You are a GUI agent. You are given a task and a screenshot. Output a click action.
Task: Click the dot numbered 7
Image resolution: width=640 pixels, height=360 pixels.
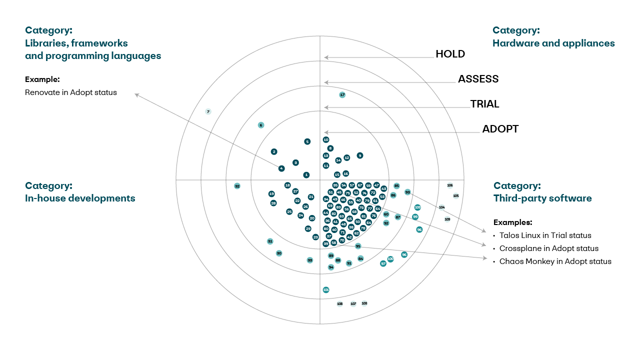pyautogui.click(x=208, y=111)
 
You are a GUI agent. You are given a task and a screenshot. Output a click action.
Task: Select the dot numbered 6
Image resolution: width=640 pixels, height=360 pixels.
pyautogui.click(x=260, y=125)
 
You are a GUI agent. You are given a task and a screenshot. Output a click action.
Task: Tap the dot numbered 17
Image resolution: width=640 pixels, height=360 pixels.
pyautogui.click(x=342, y=94)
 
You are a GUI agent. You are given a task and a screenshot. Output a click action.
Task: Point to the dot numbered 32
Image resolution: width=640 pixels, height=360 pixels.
pyautogui.click(x=237, y=186)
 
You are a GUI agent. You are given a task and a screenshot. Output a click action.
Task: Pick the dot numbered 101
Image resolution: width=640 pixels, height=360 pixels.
pyautogui.click(x=326, y=289)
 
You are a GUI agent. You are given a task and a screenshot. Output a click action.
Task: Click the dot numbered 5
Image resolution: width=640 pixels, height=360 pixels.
pyautogui.click(x=307, y=141)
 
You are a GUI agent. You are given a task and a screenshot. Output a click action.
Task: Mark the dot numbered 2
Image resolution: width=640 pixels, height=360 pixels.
pyautogui.click(x=274, y=151)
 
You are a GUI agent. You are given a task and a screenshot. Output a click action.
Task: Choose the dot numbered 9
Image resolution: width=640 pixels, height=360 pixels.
pyautogui.click(x=360, y=155)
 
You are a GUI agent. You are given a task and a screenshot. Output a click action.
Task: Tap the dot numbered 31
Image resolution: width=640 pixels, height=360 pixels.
pyautogui.click(x=270, y=241)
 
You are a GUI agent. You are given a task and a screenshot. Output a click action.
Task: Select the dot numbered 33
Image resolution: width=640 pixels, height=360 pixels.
pyautogui.click(x=310, y=260)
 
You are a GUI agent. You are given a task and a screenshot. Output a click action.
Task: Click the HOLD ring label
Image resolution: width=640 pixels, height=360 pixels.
pyautogui.click(x=450, y=54)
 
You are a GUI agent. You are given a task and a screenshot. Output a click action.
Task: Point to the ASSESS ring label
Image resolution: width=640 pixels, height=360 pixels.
pyautogui.click(x=478, y=79)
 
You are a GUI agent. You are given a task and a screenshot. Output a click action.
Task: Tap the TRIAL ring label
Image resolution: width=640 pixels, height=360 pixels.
pyautogui.click(x=484, y=104)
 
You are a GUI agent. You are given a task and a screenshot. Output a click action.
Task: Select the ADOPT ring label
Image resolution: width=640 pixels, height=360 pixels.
pyautogui.click(x=500, y=129)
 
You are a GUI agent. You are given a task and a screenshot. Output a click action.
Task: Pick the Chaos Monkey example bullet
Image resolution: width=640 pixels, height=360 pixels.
pyautogui.click(x=555, y=261)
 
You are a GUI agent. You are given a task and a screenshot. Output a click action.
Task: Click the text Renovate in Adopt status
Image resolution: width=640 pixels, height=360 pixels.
pyautogui.click(x=71, y=92)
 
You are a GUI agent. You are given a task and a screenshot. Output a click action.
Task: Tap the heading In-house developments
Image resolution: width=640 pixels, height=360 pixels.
pyautogui.click(x=80, y=198)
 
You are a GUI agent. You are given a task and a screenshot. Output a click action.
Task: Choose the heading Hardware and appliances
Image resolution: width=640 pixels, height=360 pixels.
pyautogui.click(x=553, y=43)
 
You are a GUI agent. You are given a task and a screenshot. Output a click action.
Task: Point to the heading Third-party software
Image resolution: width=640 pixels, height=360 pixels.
pyautogui.click(x=542, y=198)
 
